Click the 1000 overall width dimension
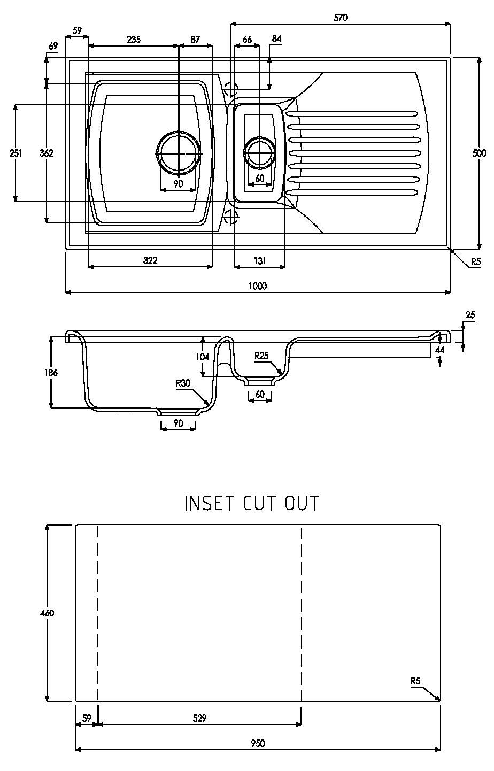point(258,286)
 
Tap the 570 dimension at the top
point(341,18)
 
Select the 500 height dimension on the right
point(479,153)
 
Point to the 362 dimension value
point(46,153)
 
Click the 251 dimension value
point(16,153)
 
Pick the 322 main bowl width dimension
point(150,260)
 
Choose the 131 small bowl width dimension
point(260,260)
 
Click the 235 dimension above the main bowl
point(134,39)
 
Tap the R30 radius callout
point(183,383)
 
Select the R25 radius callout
point(261,356)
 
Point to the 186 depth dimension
point(51,373)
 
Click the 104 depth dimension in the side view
point(203,357)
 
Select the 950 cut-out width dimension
point(258,743)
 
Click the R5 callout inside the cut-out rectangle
point(415,681)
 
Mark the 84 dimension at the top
point(276,39)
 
